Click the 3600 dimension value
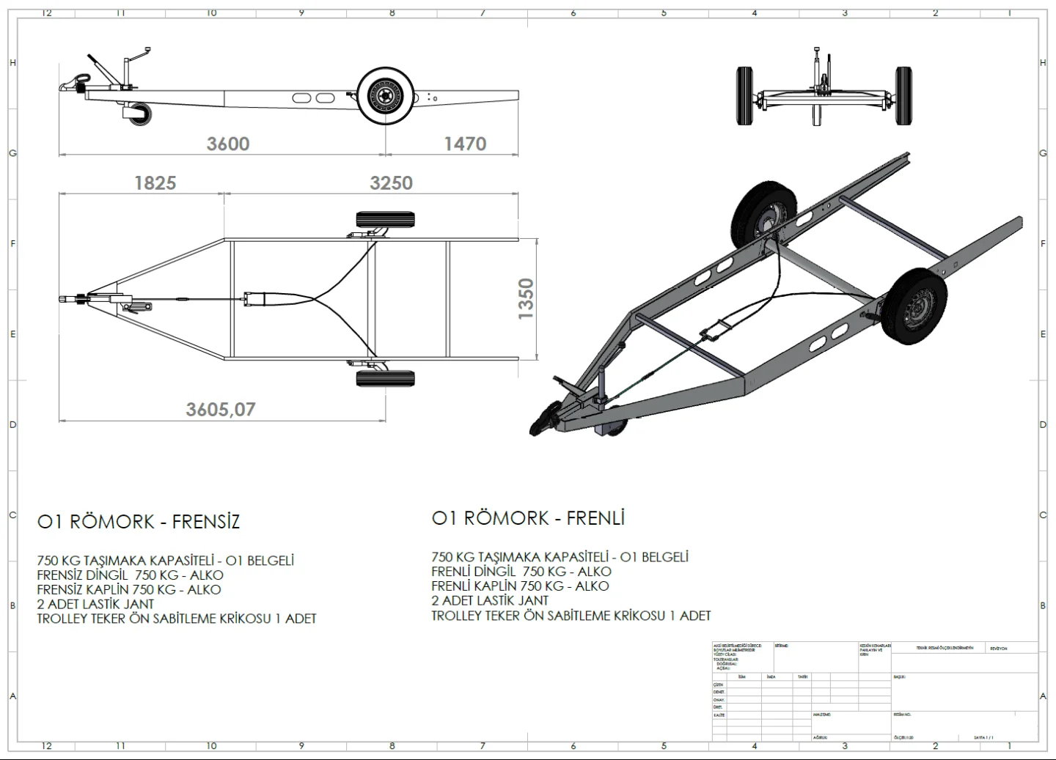coord(228,144)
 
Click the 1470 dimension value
coord(465,144)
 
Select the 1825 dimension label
coord(155,182)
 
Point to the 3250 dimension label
coord(391,182)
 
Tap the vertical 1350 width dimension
coord(526,299)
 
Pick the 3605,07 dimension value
coord(220,409)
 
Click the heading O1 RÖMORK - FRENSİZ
coord(139,522)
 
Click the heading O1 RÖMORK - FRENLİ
coord(528,518)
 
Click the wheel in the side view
coord(385,97)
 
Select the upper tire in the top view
coord(385,219)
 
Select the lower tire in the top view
coord(385,378)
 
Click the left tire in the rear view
coord(744,95)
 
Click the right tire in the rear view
coord(903,95)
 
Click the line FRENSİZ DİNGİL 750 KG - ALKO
coord(130,575)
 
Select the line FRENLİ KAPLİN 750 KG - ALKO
coord(520,586)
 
